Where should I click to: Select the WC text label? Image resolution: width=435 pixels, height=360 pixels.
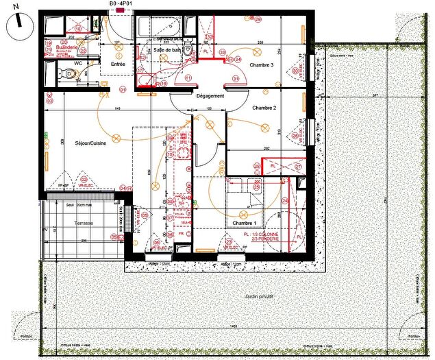[x=78, y=72]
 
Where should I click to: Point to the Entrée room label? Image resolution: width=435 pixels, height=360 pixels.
[x=119, y=64]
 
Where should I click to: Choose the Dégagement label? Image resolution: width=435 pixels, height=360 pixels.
[x=210, y=96]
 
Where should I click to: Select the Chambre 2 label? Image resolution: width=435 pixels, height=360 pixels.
[x=264, y=108]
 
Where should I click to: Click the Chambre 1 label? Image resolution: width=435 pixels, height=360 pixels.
[x=244, y=224]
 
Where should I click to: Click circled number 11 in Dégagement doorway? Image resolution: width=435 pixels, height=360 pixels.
[x=188, y=78]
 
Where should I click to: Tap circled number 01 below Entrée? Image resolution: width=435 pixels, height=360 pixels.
[x=123, y=90]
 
